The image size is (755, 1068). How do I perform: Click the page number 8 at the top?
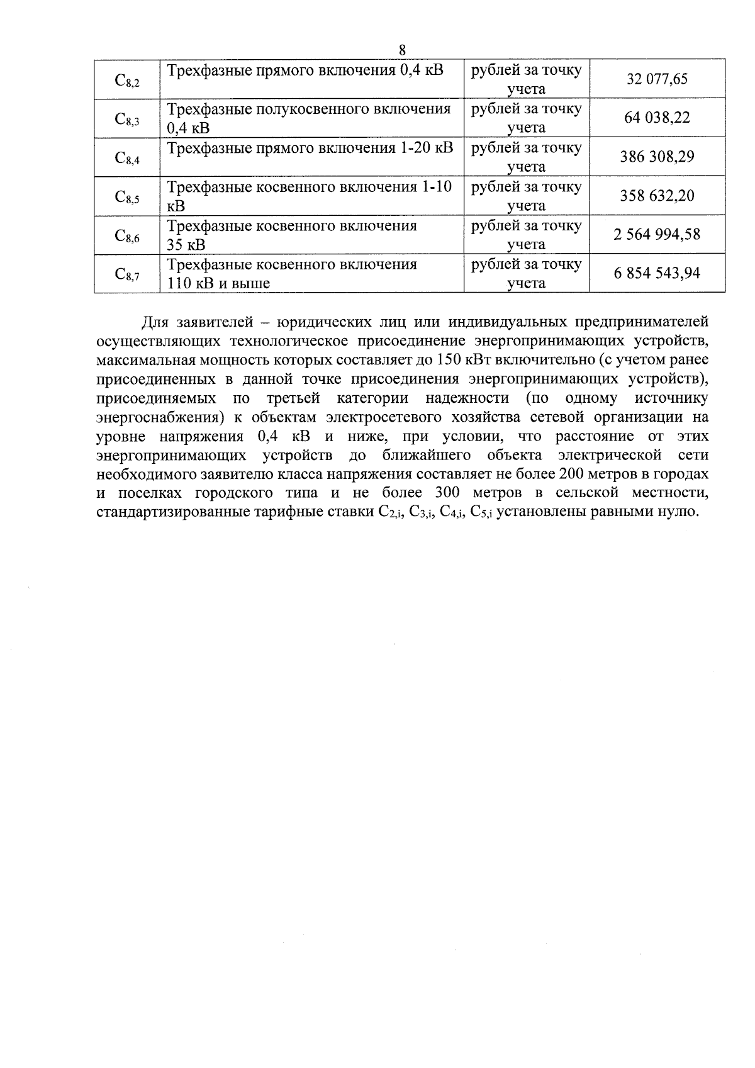403,50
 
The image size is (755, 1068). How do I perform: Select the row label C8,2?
127,80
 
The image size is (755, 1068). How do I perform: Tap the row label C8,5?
127,197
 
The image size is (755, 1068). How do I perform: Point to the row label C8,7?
127,274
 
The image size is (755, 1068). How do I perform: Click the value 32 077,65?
657,79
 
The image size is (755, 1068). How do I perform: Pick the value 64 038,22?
657,118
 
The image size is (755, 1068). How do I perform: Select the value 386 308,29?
657,157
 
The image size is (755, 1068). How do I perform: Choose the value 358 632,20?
657,196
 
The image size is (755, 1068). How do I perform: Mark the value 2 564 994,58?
657,235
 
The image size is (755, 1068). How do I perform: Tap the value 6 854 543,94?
657,274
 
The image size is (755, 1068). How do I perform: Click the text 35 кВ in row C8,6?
186,245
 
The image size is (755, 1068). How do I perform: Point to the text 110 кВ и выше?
218,284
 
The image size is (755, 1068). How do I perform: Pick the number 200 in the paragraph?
571,474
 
